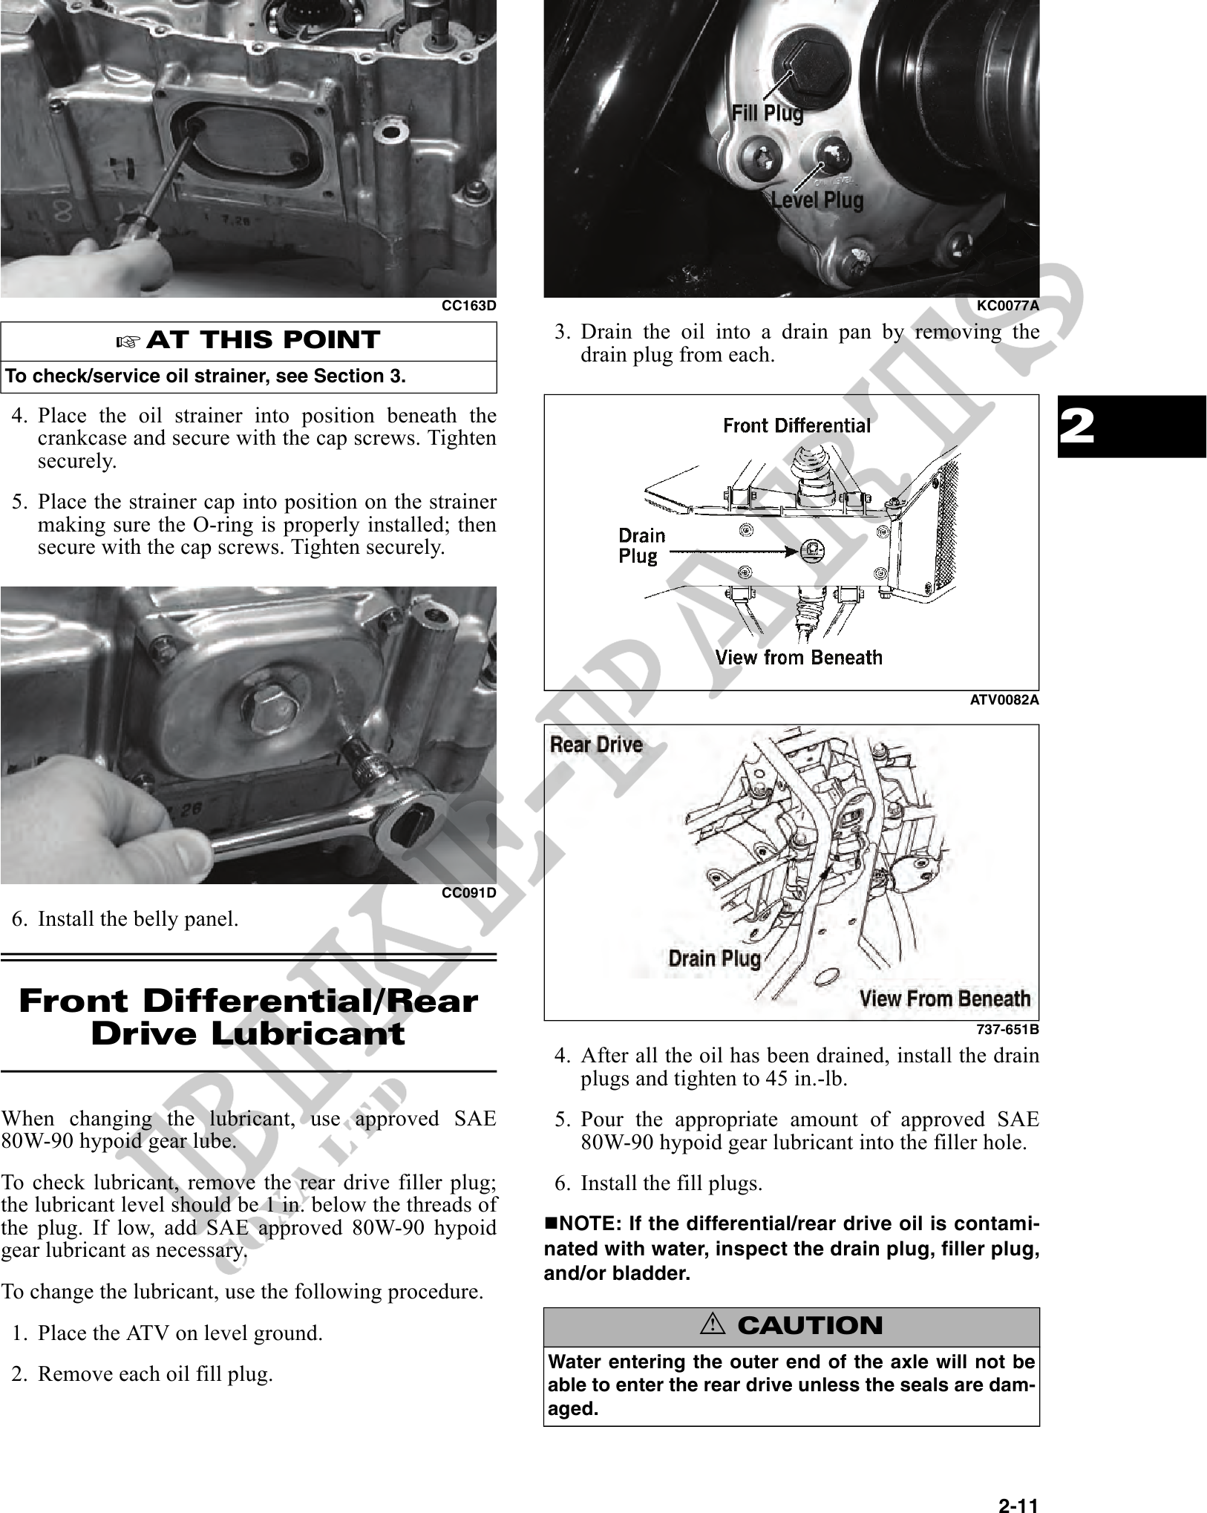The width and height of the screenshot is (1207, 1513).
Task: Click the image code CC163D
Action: (468, 306)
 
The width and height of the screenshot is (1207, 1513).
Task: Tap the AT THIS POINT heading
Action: (262, 341)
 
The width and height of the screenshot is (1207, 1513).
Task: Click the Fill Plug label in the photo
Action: (767, 114)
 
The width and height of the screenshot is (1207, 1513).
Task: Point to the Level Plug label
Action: (817, 200)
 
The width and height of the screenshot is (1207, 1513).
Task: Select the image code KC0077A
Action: (1007, 306)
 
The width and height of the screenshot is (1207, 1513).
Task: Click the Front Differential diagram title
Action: (797, 426)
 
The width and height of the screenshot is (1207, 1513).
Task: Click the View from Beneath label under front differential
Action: (799, 658)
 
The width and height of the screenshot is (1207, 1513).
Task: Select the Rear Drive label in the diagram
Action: (596, 745)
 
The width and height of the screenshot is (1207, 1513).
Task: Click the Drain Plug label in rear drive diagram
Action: (714, 958)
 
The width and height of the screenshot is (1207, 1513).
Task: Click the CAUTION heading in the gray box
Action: (809, 1326)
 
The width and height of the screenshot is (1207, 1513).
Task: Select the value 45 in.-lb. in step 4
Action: (805, 1079)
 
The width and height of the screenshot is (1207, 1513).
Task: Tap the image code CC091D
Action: (468, 892)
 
